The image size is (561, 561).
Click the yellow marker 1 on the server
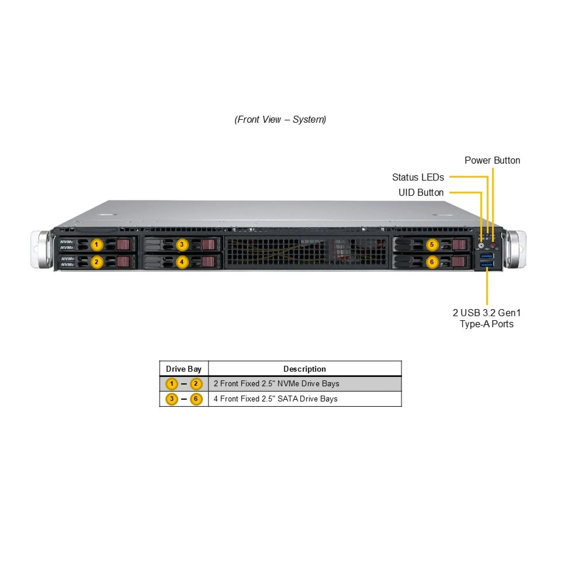[x=97, y=244]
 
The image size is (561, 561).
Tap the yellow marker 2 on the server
[x=97, y=262]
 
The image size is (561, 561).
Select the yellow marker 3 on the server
[x=182, y=244]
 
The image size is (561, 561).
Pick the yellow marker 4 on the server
[x=182, y=262]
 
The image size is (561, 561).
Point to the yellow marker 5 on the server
[x=432, y=244]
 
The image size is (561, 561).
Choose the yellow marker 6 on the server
[x=432, y=262]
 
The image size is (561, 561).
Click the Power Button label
[x=492, y=160]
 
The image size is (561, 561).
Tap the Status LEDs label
[x=418, y=177]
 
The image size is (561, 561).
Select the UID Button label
[x=421, y=193]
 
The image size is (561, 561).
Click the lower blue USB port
[x=487, y=264]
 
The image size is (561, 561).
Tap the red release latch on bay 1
[x=123, y=244]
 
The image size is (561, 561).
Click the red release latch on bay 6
[x=459, y=262]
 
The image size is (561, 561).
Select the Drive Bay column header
[x=183, y=369]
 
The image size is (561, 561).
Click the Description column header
[x=304, y=369]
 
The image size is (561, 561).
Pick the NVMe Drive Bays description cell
[x=276, y=384]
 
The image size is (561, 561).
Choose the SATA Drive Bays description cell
[x=276, y=399]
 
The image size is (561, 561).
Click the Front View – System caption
[x=280, y=120]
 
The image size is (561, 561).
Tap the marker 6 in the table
[x=196, y=399]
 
